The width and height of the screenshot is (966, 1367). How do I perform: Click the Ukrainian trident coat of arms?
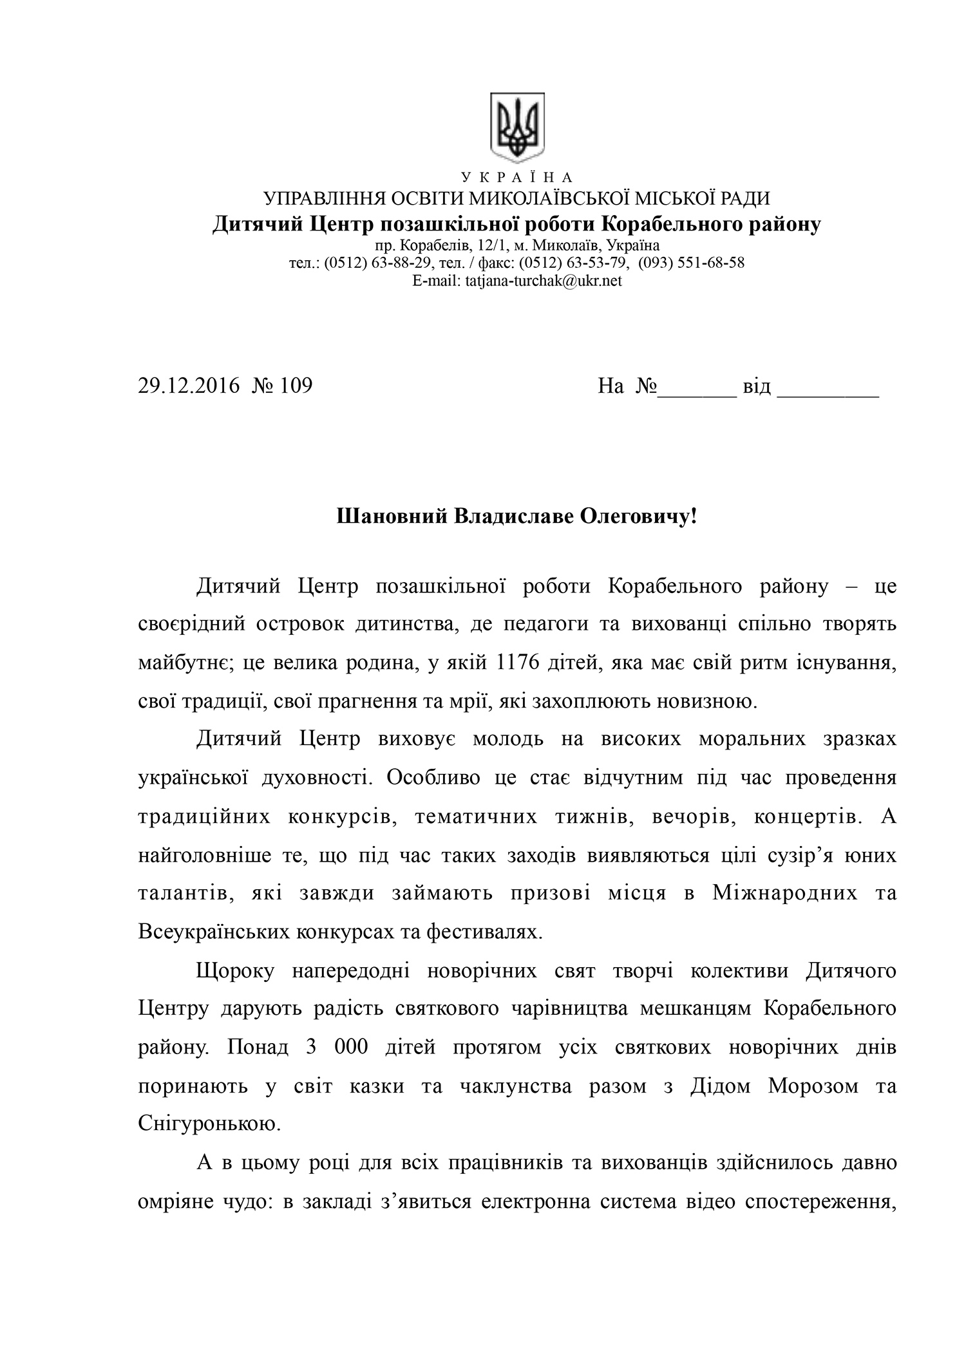point(517,127)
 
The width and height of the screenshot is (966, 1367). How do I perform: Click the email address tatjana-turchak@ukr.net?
point(543,281)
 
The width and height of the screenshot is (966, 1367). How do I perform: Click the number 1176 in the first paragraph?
point(514,663)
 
